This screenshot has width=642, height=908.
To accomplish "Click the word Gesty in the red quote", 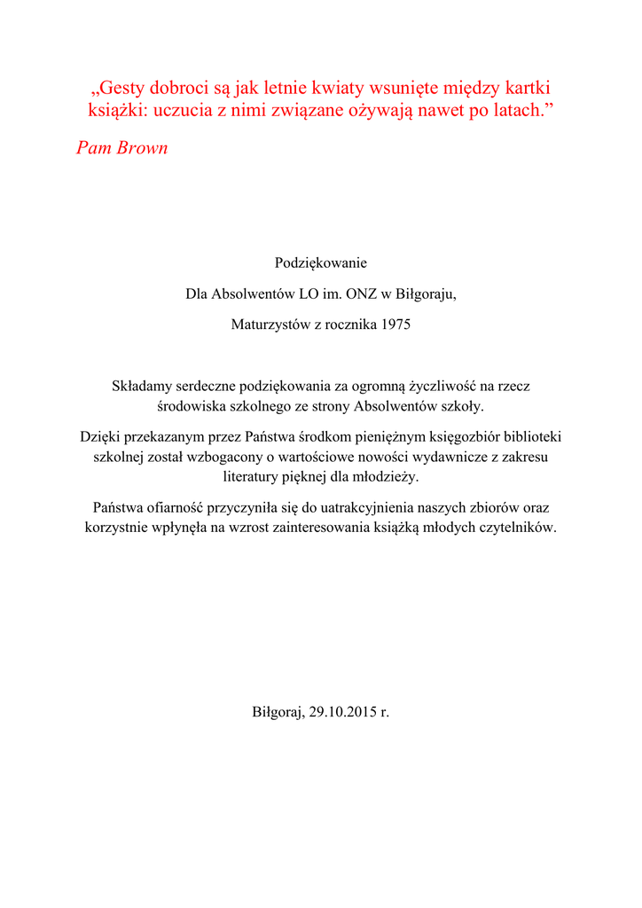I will (123, 90).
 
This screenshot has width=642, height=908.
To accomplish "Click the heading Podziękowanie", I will (320, 263).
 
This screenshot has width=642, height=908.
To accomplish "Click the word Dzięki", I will (99, 437).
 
